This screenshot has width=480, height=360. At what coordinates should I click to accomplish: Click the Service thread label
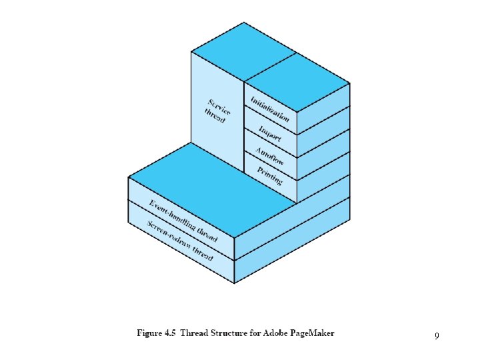[x=217, y=111]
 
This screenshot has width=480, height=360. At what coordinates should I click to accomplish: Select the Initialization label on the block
[x=270, y=109]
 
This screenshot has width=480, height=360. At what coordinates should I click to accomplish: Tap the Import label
[x=270, y=133]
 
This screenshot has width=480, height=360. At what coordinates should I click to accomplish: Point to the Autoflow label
[x=270, y=156]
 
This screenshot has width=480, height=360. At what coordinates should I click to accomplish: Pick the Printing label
[x=269, y=176]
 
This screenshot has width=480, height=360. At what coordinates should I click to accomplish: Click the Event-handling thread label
[x=183, y=221]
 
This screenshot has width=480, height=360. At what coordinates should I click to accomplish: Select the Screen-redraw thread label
[x=180, y=241]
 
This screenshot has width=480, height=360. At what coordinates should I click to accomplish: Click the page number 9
[x=437, y=336]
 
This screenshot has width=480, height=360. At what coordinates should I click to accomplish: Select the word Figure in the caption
[x=150, y=333]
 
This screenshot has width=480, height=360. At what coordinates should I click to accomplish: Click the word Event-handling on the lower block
[x=172, y=215]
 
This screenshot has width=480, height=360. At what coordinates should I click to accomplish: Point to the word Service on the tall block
[x=219, y=107]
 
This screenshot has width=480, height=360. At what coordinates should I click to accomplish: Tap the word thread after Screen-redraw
[x=203, y=254]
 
